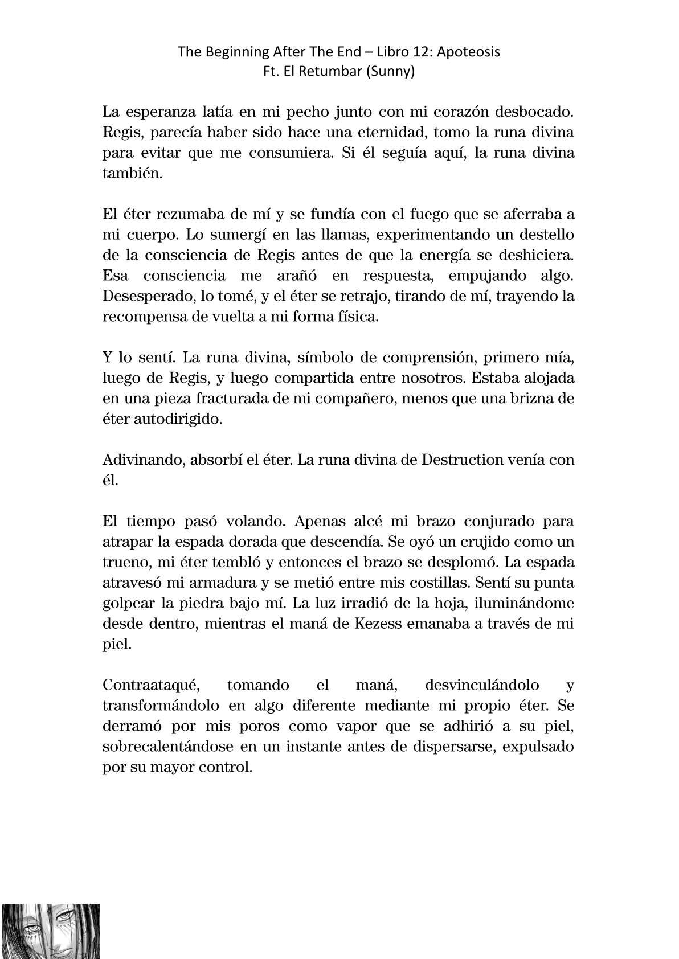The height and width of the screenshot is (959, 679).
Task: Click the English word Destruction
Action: pyautogui.click(x=468, y=460)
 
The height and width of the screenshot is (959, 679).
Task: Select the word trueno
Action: pyautogui.click(x=122, y=563)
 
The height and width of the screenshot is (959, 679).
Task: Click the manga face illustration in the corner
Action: pyautogui.click(x=50, y=931)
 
